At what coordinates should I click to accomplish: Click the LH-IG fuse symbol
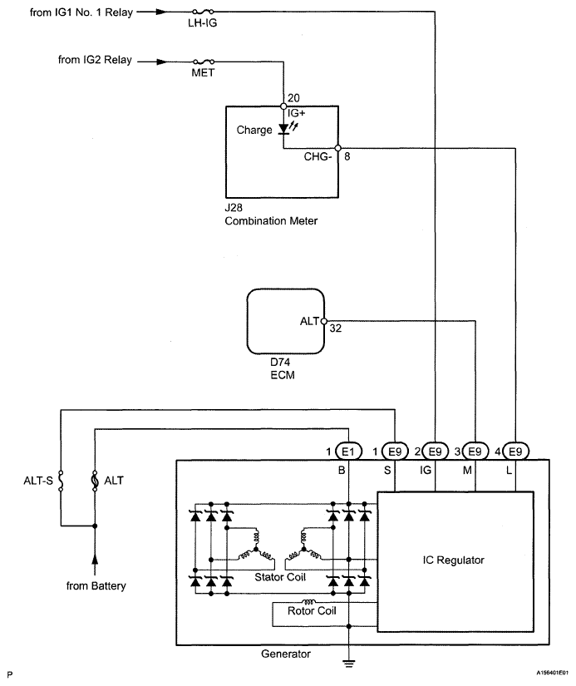click(x=203, y=12)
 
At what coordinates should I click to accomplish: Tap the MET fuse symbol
click(x=203, y=62)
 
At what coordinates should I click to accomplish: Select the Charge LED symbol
click(x=284, y=129)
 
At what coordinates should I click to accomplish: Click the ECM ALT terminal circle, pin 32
click(x=324, y=321)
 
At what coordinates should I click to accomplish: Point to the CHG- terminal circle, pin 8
click(x=338, y=148)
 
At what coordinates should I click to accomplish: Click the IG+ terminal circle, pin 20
click(x=283, y=106)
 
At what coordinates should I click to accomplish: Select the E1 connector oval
click(x=348, y=452)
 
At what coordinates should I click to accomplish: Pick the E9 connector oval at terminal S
click(x=395, y=452)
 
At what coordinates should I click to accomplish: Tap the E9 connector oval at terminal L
click(x=515, y=452)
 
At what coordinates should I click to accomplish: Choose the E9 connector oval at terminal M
click(x=475, y=452)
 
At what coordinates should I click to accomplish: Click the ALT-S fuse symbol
click(x=61, y=481)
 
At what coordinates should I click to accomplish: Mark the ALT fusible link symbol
click(x=95, y=481)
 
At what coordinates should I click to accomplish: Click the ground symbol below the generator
click(x=348, y=663)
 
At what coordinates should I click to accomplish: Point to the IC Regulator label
click(x=454, y=560)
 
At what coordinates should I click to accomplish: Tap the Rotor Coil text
click(x=312, y=611)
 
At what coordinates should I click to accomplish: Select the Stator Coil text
click(x=280, y=577)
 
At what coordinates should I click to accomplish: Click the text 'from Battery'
click(x=96, y=586)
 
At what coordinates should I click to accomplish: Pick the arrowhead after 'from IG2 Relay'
click(x=162, y=62)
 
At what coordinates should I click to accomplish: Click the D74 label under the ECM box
click(x=280, y=363)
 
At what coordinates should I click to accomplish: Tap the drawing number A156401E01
click(x=553, y=673)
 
